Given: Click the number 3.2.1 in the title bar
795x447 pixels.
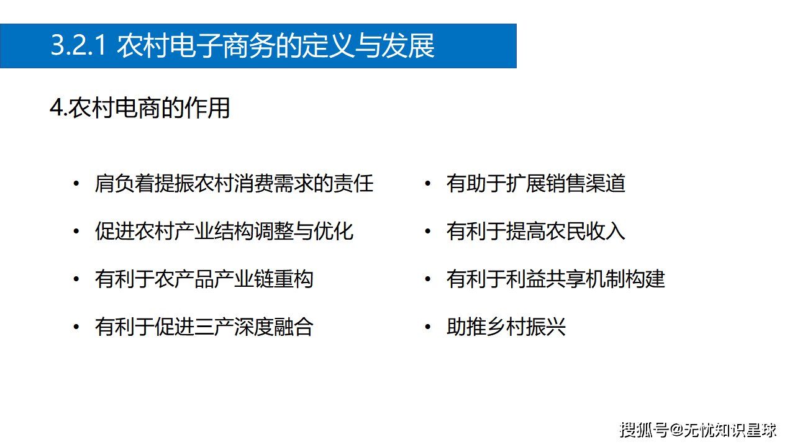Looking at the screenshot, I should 79,47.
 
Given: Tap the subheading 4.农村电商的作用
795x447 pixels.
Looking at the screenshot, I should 140,108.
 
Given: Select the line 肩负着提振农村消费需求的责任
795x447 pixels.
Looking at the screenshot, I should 234,184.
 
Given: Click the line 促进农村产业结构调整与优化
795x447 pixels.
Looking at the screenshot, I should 224,232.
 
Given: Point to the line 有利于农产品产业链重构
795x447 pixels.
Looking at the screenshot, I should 204,279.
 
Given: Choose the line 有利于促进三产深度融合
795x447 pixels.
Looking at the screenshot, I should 204,327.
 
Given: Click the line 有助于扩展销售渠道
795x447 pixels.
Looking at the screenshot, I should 535,184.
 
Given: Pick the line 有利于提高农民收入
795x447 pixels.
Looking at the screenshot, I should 535,232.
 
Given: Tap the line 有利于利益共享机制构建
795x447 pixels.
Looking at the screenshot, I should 555,279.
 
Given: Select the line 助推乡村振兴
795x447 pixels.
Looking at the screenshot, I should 506,327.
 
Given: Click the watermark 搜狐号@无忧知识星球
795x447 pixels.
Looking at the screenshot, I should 698,429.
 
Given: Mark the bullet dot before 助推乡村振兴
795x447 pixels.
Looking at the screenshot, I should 427,327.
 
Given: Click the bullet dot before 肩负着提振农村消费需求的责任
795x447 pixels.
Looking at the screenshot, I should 76,184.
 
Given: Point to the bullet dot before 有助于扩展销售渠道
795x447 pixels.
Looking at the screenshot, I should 427,184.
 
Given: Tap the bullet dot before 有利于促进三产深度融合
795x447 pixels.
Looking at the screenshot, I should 76,327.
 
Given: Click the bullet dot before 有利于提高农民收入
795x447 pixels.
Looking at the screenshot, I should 427,232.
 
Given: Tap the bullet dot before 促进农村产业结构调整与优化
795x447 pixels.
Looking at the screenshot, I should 76,232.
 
